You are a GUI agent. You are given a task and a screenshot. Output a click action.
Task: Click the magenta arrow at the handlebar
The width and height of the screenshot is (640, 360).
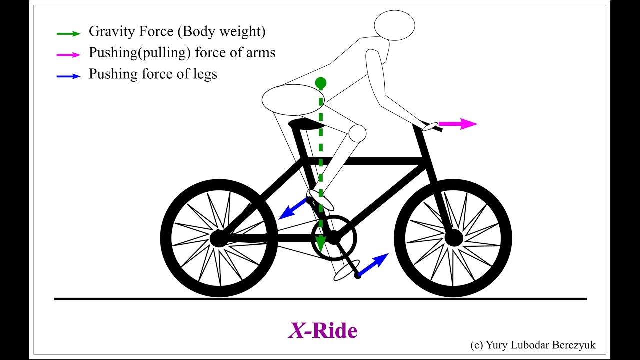click(458, 124)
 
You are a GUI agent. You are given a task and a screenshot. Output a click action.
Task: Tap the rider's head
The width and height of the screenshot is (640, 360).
click(394, 25)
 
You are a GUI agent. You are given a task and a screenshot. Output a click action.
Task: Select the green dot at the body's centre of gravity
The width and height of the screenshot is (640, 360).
click(321, 82)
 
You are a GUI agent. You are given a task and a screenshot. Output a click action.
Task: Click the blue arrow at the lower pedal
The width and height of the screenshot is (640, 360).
click(374, 264)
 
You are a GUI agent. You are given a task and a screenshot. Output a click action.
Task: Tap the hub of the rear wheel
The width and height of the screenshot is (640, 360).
click(218, 238)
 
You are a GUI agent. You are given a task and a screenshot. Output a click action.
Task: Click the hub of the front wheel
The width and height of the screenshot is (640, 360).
click(453, 238)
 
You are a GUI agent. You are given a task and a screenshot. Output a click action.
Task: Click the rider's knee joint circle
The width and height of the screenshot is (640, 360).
click(357, 133)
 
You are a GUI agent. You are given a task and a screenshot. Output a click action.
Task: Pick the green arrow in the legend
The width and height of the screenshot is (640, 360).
click(68, 33)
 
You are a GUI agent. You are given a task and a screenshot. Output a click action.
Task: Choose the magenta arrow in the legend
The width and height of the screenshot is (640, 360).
click(68, 55)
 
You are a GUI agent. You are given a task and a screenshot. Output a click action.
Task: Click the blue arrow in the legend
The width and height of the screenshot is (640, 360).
click(68, 76)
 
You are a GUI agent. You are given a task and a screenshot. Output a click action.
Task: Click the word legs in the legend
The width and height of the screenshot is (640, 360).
click(204, 75)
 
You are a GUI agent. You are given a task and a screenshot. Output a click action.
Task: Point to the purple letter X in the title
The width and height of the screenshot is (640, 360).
click(296, 331)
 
